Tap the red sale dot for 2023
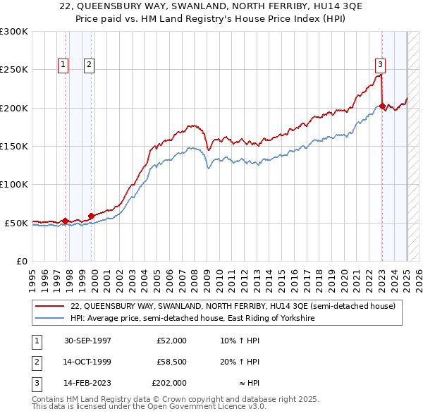pos(382,106)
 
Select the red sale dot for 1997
pos(66,221)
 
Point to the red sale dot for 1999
pos(91,216)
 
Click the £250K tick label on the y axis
pos(14,70)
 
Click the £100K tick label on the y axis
pos(14,184)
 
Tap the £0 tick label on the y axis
pos(20,261)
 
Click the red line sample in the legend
pos(51,306)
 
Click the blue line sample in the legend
pos(51,318)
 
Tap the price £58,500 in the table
pos(172,362)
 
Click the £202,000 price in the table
pos(169,383)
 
